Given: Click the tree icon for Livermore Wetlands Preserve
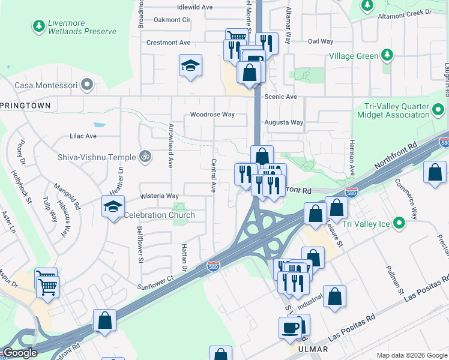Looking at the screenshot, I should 39,26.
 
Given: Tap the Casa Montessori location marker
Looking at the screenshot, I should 88,85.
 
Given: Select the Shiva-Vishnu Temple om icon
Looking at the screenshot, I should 143,157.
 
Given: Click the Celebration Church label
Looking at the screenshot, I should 158,215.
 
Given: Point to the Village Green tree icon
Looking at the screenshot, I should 388,56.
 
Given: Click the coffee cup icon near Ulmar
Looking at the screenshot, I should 291,328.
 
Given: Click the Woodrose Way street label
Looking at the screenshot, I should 212,115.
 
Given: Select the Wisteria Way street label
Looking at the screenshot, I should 159,196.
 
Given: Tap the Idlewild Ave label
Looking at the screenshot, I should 194,7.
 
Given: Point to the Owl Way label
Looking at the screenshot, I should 320,41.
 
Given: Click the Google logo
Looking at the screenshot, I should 20,353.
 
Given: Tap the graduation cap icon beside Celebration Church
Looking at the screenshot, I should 112,207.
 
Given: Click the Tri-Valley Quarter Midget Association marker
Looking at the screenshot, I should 439,110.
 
